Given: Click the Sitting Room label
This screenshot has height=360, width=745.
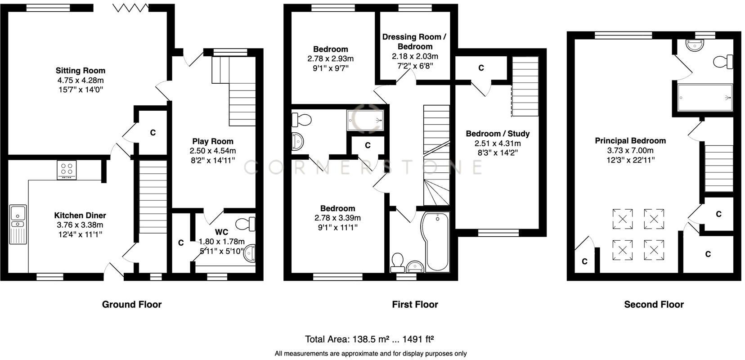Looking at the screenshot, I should (x=80, y=71).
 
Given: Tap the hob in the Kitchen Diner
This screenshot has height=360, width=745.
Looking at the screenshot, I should (x=67, y=170).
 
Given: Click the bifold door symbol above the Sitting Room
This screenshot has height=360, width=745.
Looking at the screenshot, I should (x=130, y=8).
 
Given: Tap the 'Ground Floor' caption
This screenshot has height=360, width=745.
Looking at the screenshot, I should (x=131, y=305).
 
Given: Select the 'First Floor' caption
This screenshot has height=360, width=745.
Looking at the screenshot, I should (x=415, y=305).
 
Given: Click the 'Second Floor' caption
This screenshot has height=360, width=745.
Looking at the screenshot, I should (x=654, y=305).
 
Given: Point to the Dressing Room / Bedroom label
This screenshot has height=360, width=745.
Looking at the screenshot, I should (x=414, y=41).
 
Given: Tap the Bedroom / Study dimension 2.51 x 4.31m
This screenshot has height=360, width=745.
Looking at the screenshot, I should (x=498, y=144).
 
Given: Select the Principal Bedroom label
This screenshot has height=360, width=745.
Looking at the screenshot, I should (x=630, y=141).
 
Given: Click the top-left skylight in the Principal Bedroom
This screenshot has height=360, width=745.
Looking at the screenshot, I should (x=622, y=219).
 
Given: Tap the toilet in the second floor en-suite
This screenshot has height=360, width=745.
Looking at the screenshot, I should (x=724, y=62).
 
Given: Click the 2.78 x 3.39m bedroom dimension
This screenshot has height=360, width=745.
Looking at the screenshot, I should (x=337, y=218).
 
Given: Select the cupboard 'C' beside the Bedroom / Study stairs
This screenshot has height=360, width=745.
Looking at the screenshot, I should (x=481, y=68).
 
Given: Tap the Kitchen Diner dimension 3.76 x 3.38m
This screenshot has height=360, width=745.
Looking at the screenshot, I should (x=80, y=225).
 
